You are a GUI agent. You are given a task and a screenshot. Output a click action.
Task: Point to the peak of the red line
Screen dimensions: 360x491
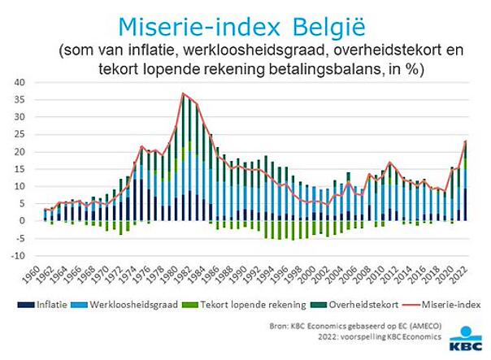click(x=184, y=93)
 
